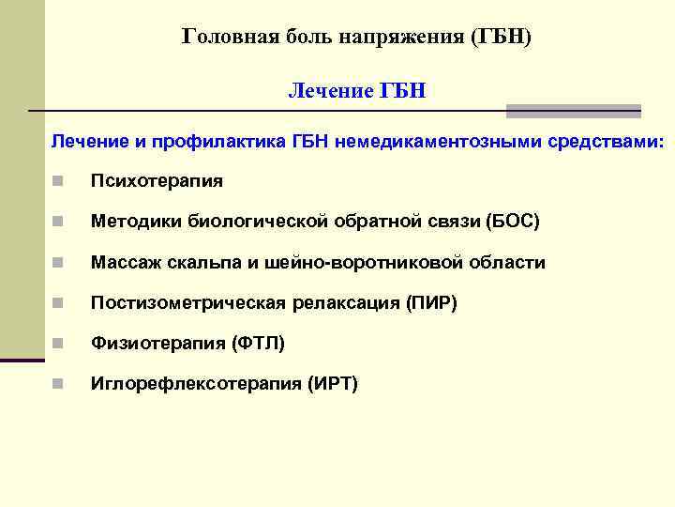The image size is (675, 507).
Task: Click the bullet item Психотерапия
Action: coord(156,180)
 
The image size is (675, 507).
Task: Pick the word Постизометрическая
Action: coord(187,303)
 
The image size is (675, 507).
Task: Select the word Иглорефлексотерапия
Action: coord(191,384)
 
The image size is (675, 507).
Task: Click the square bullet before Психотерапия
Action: coord(57,180)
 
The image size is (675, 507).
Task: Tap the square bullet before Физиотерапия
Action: coord(57,344)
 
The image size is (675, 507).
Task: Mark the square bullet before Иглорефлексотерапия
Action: coord(57,384)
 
